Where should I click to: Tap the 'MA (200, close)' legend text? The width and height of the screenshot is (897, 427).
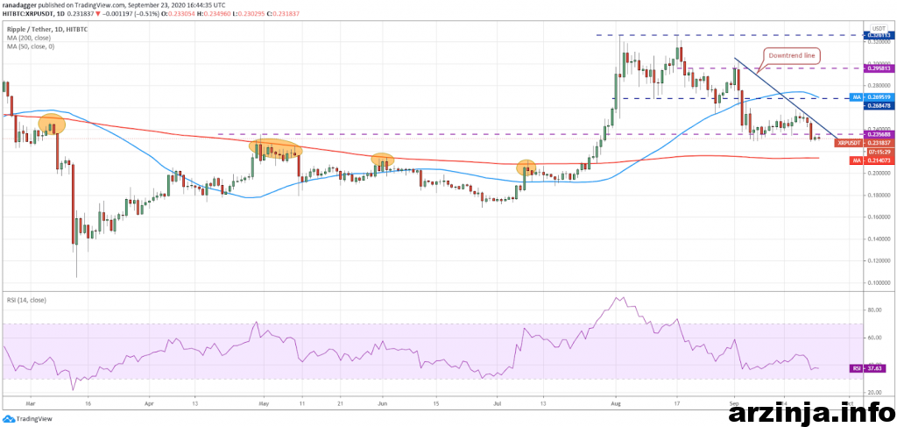tap(30, 38)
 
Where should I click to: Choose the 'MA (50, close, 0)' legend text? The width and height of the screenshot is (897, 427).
tap(32, 46)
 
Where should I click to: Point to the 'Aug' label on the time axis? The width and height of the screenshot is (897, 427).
tap(616, 405)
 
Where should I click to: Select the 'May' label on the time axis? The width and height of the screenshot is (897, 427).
tap(264, 405)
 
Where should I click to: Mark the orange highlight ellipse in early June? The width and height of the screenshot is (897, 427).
tap(382, 160)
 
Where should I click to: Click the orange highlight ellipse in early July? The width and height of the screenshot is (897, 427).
tap(526, 167)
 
